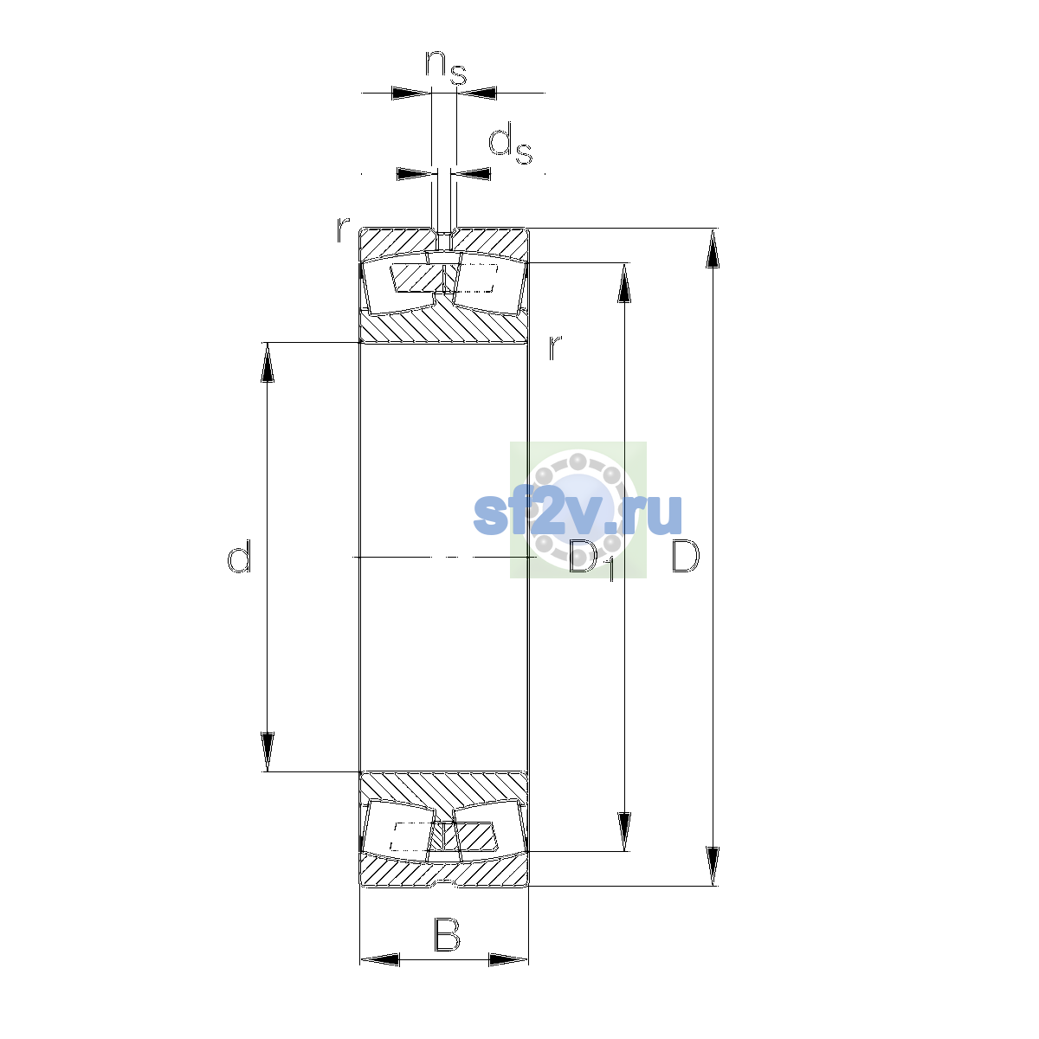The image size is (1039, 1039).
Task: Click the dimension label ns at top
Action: (445, 68)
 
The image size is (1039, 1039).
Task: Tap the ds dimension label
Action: (510, 144)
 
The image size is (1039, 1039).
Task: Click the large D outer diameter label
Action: (685, 556)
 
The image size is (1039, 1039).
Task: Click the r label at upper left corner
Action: (342, 229)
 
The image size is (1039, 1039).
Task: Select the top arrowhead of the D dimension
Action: (713, 248)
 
